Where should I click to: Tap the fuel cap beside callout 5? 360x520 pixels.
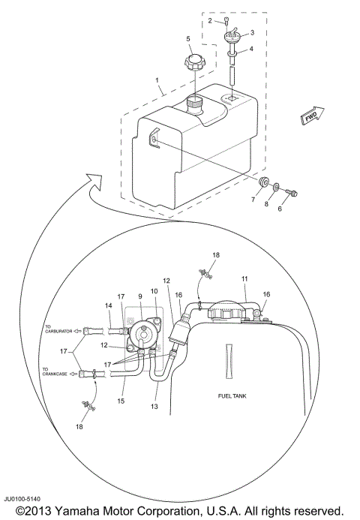(x=193, y=62)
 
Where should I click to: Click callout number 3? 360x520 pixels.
(x=252, y=33)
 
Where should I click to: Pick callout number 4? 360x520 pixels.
(x=252, y=50)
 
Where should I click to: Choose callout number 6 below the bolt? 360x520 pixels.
(x=280, y=209)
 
